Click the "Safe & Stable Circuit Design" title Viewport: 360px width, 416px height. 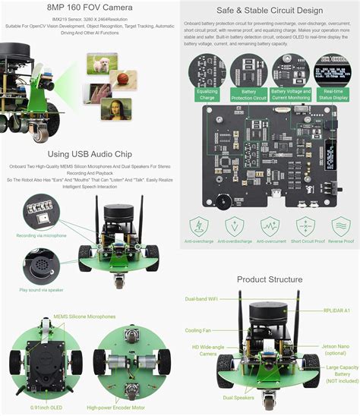pos(269,11)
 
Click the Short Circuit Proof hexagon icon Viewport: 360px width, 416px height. pos(306,226)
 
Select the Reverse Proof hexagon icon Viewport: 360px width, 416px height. pos(340,226)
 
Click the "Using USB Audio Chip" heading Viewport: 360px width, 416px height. pos(90,154)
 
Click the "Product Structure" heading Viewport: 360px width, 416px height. pos(269,279)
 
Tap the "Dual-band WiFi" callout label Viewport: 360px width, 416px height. pos(205,298)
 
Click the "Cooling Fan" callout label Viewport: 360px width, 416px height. pos(199,330)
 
